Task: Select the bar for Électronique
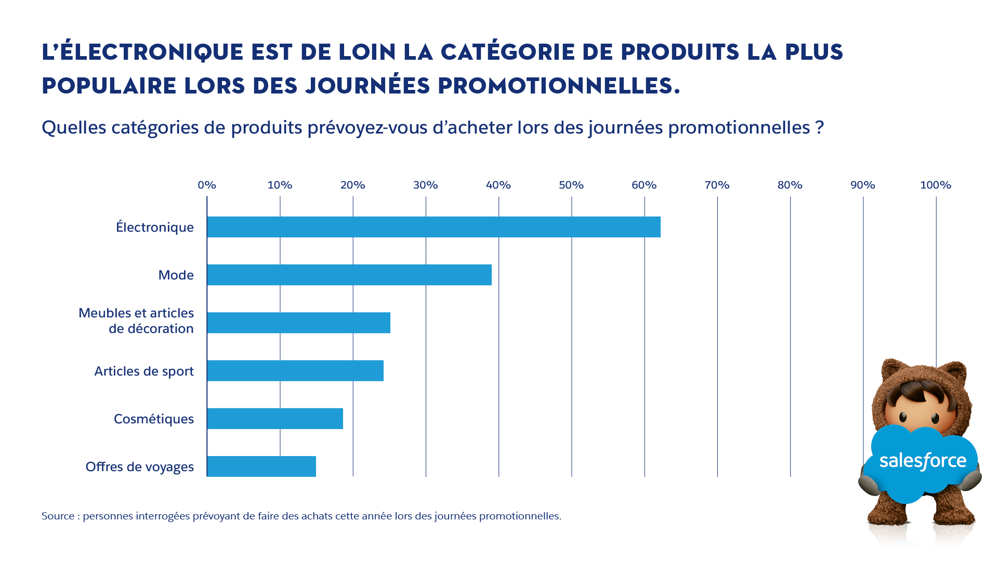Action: pyautogui.click(x=434, y=227)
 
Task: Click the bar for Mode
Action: pyautogui.click(x=349, y=275)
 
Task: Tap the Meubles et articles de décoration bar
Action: pyautogui.click(x=298, y=323)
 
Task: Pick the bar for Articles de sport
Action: pyautogui.click(x=295, y=371)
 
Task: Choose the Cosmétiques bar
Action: pyautogui.click(x=275, y=419)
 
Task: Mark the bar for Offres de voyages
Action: pyautogui.click(x=261, y=466)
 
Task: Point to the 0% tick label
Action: pyautogui.click(x=207, y=185)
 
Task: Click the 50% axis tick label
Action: pyautogui.click(x=571, y=185)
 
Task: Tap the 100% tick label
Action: pyautogui.click(x=936, y=185)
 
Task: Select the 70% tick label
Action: pyautogui.click(x=717, y=185)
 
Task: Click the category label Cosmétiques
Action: pyautogui.click(x=153, y=419)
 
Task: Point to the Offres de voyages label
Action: pyautogui.click(x=139, y=467)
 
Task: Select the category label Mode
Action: pyautogui.click(x=176, y=275)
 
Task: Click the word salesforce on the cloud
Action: pyautogui.click(x=923, y=461)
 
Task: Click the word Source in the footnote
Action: pyautogui.click(x=58, y=516)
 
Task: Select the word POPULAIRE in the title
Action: pyautogui.click(x=109, y=86)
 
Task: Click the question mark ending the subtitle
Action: pyautogui.click(x=820, y=128)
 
